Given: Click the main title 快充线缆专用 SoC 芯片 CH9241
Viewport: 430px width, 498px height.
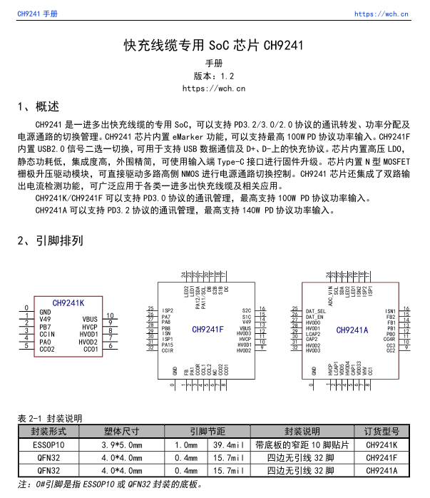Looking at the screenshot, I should coord(214,46).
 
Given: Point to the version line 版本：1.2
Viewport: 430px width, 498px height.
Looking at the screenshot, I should coord(214,76).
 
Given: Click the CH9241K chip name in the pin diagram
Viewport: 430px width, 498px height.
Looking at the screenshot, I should coord(68,303).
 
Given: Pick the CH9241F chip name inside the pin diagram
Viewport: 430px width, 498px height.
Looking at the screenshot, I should coord(208,330).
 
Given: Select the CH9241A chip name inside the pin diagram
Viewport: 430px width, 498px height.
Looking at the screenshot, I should coord(352,330).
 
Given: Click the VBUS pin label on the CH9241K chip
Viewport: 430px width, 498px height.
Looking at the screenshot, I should coord(90,319).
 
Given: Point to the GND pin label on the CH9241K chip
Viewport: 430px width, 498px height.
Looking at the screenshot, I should coord(45,312).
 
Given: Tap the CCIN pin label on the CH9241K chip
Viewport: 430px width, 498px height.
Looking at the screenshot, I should coord(47,334).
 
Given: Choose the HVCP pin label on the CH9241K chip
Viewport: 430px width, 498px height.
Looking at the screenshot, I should coord(90,327).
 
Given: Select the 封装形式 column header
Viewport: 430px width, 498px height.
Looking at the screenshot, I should coord(48,432).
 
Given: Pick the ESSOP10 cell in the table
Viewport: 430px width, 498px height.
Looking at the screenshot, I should coord(48,445).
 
